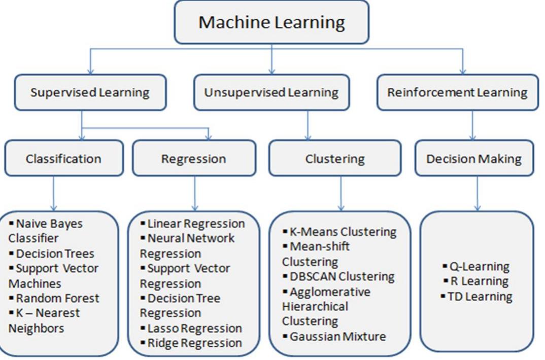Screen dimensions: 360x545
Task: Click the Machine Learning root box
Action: pyautogui.click(x=271, y=22)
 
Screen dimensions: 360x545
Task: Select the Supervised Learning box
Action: pyautogui.click(x=90, y=92)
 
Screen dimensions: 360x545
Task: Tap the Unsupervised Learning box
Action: pyautogui.click(x=271, y=92)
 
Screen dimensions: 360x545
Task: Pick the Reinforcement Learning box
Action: pyautogui.click(x=457, y=92)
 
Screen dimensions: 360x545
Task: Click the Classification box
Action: pyautogui.click(x=63, y=158)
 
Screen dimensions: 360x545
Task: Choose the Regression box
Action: pyautogui.click(x=193, y=159)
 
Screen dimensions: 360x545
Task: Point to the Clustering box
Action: pyautogui.click(x=334, y=159)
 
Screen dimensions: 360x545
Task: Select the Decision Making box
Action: pyautogui.click(x=473, y=159)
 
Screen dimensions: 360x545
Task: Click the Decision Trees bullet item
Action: pyautogui.click(x=55, y=254)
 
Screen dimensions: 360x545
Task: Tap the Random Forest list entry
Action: pyautogui.click(x=57, y=298)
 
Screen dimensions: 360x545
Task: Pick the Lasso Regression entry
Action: pyautogui.click(x=194, y=328)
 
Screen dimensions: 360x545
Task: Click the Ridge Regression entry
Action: pyautogui.click(x=194, y=343)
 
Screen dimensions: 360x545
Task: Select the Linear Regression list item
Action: pyautogui.click(x=195, y=224)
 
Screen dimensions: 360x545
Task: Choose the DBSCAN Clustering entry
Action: pyautogui.click(x=341, y=276)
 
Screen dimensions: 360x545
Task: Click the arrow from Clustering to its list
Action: pyautogui.click(x=340, y=193)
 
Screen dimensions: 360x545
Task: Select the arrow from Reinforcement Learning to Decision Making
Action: pyautogui.click(x=472, y=125)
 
